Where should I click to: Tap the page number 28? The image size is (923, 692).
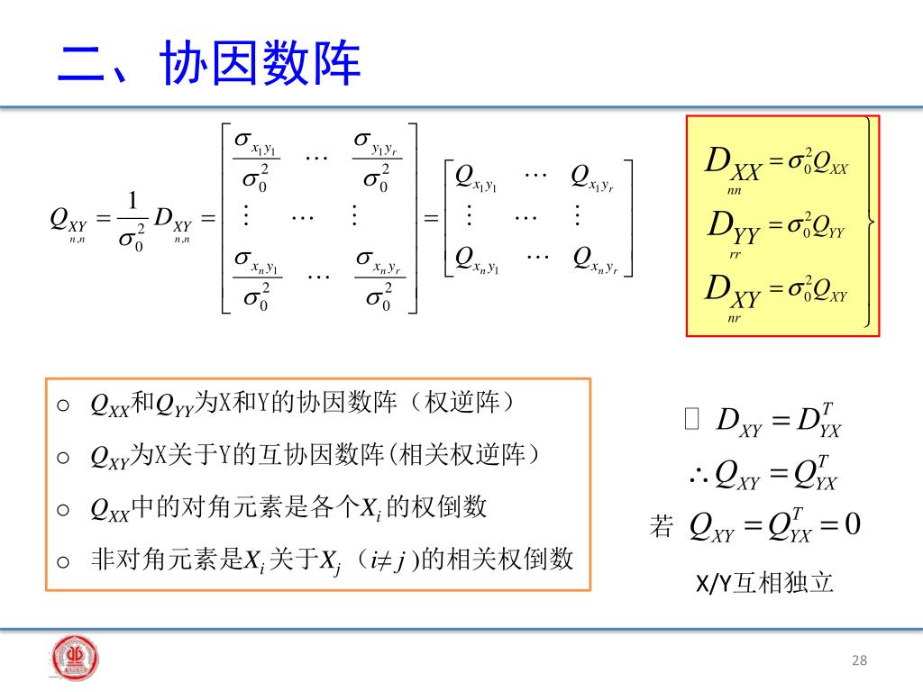point(858,661)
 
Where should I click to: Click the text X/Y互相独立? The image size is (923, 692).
point(764,584)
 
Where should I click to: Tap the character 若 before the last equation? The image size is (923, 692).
point(661,526)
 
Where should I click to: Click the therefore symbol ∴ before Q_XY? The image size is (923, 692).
point(698,475)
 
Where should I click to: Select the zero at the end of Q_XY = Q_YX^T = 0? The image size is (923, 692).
point(853,524)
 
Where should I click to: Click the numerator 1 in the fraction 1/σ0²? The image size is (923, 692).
point(133,200)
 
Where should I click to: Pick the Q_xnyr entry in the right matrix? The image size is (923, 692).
point(595,261)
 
